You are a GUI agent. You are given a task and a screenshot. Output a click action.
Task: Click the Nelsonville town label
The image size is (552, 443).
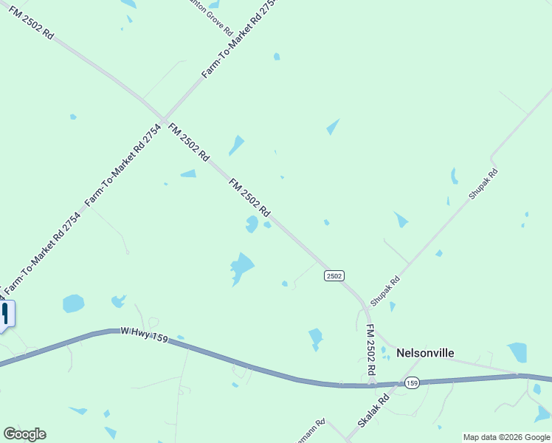click(425, 353)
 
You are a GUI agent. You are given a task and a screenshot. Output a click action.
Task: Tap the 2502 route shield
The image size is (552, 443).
click(334, 275)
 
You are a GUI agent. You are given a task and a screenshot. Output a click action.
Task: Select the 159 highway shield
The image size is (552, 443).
click(412, 382)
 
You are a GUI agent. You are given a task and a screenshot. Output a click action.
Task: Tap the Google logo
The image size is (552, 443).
click(24, 434)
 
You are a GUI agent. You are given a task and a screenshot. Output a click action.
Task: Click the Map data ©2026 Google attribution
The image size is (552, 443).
click(507, 437)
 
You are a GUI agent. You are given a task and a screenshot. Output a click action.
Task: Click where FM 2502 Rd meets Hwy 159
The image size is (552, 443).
click(373, 384)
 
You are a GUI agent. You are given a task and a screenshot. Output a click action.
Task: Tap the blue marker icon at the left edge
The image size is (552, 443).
click(6, 313)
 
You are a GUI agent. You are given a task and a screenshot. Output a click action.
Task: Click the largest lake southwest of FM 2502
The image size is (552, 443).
click(241, 267)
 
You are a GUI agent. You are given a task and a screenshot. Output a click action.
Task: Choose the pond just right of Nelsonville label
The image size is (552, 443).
click(517, 352)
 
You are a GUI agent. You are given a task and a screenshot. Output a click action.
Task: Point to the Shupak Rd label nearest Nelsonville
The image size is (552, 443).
click(384, 291)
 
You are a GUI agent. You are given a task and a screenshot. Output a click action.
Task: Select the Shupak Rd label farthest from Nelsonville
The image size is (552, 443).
click(483, 184)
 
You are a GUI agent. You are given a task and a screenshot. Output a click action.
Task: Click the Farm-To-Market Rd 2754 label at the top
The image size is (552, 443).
click(232, 39)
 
